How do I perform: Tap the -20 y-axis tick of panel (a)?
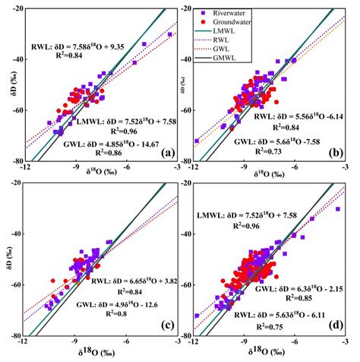[x=16, y=9]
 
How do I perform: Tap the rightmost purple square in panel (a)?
[x=170, y=34]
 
